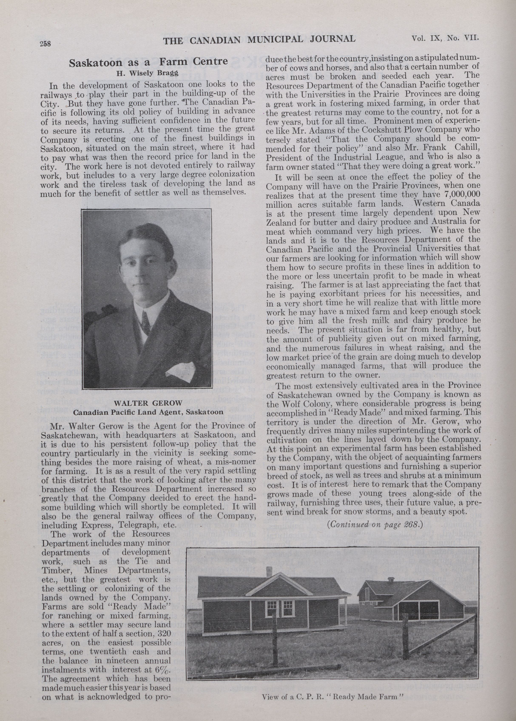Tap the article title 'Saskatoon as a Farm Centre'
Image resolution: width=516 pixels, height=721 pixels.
pos(148,62)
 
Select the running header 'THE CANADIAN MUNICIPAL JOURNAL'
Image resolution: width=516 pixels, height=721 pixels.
pos(259,39)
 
